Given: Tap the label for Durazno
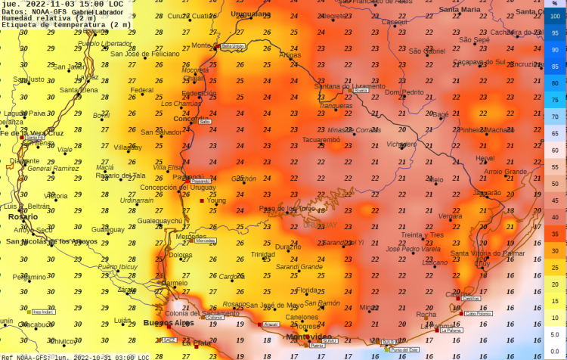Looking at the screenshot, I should coord(287,247).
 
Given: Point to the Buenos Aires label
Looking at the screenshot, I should coord(169,323).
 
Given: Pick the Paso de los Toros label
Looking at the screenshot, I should coord(287,208).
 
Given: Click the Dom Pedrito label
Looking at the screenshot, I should coord(404,92).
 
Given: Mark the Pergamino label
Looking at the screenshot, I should coord(29,277).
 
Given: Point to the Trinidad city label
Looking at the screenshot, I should coord(263,254).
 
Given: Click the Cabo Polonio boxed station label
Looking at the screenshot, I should coord(477,313).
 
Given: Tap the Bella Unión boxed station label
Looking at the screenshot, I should coord(233,46).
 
